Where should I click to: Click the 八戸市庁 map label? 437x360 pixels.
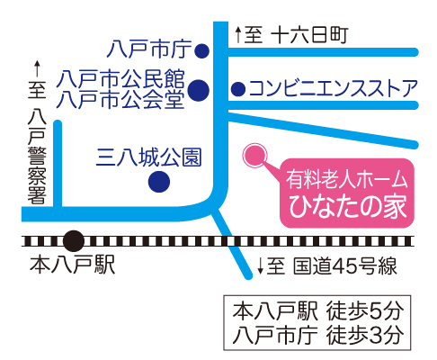(149, 49)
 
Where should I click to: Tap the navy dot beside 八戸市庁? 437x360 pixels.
(201, 51)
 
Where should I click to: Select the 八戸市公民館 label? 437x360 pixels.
(120, 79)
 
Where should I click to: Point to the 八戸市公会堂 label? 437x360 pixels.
(120, 99)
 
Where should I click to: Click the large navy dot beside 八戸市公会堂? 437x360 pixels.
(199, 90)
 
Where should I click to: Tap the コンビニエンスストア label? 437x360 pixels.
(334, 88)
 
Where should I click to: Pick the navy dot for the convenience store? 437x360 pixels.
(238, 89)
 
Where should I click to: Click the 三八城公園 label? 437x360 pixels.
(148, 157)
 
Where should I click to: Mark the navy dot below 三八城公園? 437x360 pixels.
(159, 182)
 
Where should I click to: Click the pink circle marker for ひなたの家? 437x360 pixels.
(254, 155)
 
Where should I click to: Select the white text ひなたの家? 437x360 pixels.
(348, 207)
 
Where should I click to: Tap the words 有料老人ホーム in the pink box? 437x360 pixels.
(347, 180)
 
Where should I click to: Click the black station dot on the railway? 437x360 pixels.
(74, 240)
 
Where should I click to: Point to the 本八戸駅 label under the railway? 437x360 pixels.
(72, 265)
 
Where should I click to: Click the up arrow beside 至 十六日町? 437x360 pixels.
(238, 34)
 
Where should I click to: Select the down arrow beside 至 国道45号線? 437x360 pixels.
(261, 265)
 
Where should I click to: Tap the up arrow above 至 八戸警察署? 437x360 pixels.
(37, 68)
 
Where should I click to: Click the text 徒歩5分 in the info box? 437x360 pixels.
(365, 311)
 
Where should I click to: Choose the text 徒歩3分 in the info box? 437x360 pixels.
(365, 335)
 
